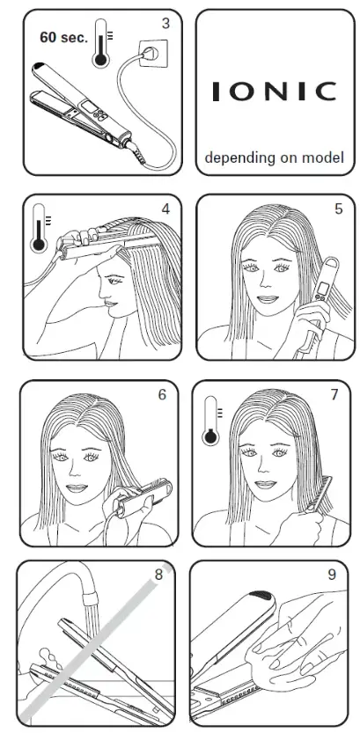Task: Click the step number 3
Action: coord(165,24)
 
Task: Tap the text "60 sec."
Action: coord(63,38)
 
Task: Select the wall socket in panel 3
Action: coord(153,53)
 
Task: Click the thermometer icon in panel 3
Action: coord(101,43)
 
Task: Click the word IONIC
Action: coord(275,92)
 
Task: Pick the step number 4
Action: coord(165,209)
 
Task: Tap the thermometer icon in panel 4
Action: coord(40,228)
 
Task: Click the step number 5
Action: coord(339,209)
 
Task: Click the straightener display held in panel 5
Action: coord(323,290)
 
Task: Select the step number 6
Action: coord(162,394)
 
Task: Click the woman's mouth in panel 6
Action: coord(77,488)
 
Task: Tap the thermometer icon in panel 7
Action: coord(212,421)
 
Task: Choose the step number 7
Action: coord(334,394)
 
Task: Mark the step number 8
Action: coord(158,574)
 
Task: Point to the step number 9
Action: coord(332,574)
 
